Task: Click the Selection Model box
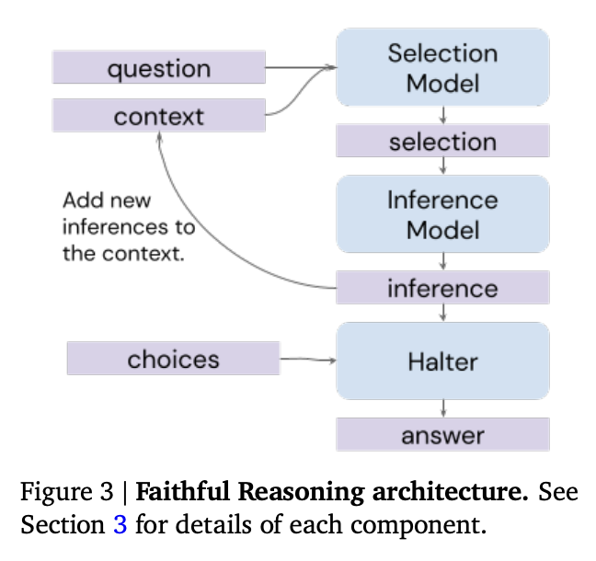tap(442, 67)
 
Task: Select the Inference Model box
tap(442, 214)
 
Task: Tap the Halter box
tap(442, 361)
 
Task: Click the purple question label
tap(158, 69)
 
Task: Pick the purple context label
tap(158, 117)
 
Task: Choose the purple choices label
tap(173, 359)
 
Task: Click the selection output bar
tap(442, 142)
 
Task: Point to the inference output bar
tap(442, 288)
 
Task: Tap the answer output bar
tap(442, 434)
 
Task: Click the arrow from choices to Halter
tap(307, 360)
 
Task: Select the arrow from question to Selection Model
tap(300, 67)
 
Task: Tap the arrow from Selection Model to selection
tap(443, 115)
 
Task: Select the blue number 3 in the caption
tap(120, 528)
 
